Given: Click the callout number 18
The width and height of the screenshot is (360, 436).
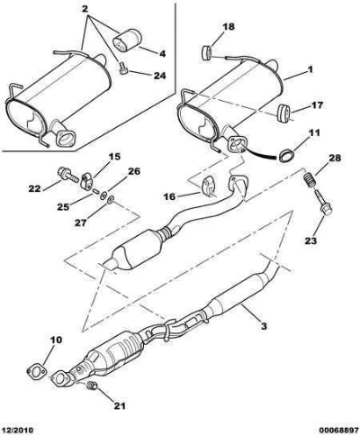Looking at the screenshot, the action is (x=229, y=27).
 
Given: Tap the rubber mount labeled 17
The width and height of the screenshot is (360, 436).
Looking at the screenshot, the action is (x=283, y=113).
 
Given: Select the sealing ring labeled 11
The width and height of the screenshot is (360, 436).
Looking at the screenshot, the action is (x=285, y=156).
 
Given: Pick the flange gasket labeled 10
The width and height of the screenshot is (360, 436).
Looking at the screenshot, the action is (x=37, y=371).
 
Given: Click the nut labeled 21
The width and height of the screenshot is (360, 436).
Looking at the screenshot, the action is (x=92, y=386).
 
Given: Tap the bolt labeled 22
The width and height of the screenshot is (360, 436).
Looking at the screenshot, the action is (x=67, y=175).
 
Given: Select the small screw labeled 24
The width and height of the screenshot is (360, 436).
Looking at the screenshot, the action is (x=123, y=68).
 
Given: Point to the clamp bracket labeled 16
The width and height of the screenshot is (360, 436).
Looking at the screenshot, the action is (x=210, y=186).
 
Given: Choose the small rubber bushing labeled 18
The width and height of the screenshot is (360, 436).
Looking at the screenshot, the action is (x=206, y=53).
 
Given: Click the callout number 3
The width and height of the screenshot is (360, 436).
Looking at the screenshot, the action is (x=264, y=325).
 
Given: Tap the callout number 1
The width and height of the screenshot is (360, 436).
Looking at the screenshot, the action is (x=310, y=69).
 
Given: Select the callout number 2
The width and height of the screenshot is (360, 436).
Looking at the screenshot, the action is (x=85, y=9).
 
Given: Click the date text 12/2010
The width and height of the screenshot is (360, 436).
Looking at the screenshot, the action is (x=17, y=430).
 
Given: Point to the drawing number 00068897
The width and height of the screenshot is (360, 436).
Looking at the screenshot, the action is (x=338, y=430).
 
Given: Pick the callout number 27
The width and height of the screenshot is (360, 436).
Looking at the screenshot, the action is (x=81, y=223).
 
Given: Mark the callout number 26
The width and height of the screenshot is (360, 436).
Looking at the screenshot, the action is (x=134, y=171).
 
